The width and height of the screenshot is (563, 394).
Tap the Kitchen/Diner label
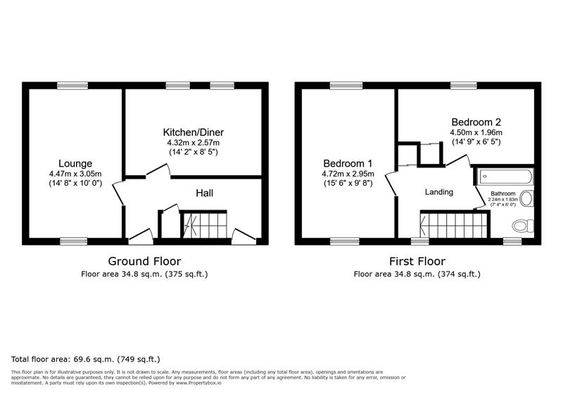(194, 132)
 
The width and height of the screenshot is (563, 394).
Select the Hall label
(204, 193)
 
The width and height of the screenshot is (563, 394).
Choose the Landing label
(438, 192)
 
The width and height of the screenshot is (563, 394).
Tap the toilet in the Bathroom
(521, 226)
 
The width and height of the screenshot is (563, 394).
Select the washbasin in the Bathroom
(527, 199)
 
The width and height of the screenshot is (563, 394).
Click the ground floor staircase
(205, 225)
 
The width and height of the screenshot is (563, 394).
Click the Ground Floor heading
(144, 260)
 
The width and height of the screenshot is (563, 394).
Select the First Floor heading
(417, 260)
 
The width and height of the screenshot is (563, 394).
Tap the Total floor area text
(86, 358)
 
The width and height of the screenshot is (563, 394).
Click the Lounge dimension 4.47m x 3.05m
(75, 174)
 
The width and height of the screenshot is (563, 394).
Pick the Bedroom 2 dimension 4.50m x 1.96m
(476, 132)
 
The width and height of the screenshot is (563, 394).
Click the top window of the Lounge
(72, 86)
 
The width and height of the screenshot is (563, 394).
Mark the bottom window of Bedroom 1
(345, 241)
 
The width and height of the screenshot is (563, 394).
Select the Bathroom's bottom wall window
(512, 241)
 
